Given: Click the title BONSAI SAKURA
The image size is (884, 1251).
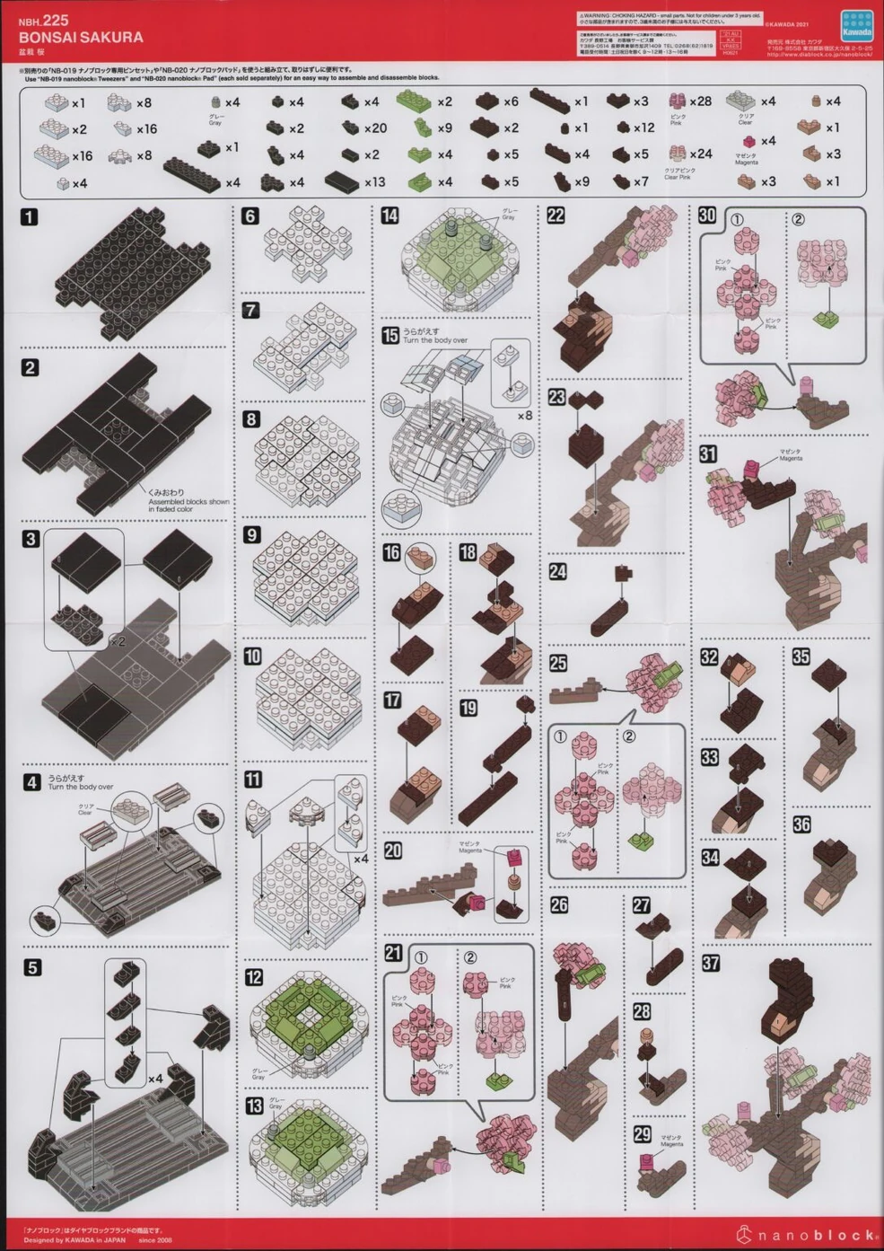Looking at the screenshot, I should pos(81,38).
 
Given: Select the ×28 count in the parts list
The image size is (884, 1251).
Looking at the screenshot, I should pos(700,101).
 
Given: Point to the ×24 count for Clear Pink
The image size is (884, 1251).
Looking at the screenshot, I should pos(700,154).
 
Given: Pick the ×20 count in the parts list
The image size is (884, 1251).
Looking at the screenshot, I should pos(375,128).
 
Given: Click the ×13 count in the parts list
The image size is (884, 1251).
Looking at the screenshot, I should pos(374,182).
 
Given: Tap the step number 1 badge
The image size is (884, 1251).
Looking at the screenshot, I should pos(30,216).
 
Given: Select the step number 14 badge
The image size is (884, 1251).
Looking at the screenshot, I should pos(389,216).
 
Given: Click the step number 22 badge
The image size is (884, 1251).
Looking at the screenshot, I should pos(556,216).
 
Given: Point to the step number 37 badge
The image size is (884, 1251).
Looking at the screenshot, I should pos(710,964).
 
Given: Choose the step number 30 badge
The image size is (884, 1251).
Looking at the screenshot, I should pos(707,216).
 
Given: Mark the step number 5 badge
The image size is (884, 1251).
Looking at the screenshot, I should pos(32,968).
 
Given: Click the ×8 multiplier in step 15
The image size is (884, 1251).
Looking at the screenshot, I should pos(525,416).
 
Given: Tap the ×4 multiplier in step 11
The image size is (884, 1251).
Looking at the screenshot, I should pos(361,859).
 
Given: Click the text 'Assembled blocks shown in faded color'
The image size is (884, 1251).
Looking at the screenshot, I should pos(188,506).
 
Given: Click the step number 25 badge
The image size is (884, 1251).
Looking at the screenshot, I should pos(558,663).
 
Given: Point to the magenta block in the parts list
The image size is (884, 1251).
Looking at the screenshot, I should pos(745,141).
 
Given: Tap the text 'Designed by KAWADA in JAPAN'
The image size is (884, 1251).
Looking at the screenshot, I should pos(75,1239).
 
